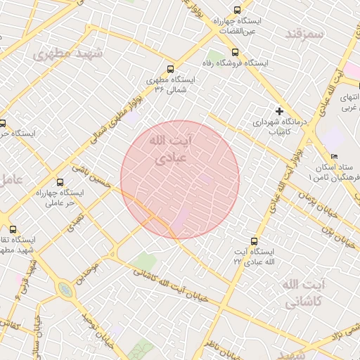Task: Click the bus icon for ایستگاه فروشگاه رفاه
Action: coord(235,52)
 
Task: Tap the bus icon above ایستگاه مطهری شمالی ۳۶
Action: coord(170,69)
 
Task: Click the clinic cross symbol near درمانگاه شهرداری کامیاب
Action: coord(279,111)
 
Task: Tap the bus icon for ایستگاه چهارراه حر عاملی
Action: coord(59,181)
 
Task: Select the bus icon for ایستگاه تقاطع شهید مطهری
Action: coord(13,229)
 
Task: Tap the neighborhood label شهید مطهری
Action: coord(68,53)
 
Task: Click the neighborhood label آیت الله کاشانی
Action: coord(304,293)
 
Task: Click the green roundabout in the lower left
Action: coord(65,289)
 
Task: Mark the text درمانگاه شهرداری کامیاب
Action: coord(281,127)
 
